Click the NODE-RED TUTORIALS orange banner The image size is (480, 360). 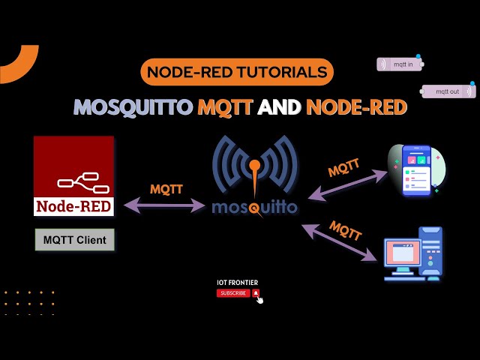tap(236, 72)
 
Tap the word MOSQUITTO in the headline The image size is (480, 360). tap(133, 107)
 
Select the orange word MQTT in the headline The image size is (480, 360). tap(225, 107)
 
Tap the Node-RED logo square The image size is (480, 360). tap(73, 175)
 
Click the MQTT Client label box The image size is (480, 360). tap(74, 240)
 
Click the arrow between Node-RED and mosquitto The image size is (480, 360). tap(165, 203)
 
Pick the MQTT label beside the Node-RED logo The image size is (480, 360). tap(166, 189)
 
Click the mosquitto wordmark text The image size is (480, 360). tap(254, 206)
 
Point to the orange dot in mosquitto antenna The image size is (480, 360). tap(255, 164)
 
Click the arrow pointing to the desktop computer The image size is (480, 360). tap(340, 241)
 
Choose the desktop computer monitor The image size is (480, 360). tap(403, 255)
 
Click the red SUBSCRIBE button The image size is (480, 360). tap(234, 293)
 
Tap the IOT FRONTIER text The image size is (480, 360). tap(237, 283)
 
